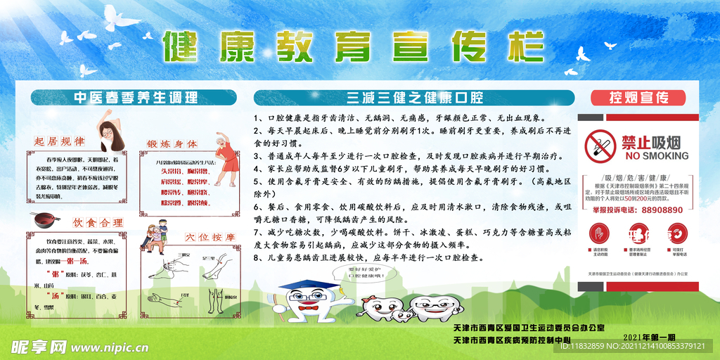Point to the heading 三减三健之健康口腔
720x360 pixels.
pyautogui.click(x=412, y=98)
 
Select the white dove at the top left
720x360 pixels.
pyautogui.click(x=120, y=18)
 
